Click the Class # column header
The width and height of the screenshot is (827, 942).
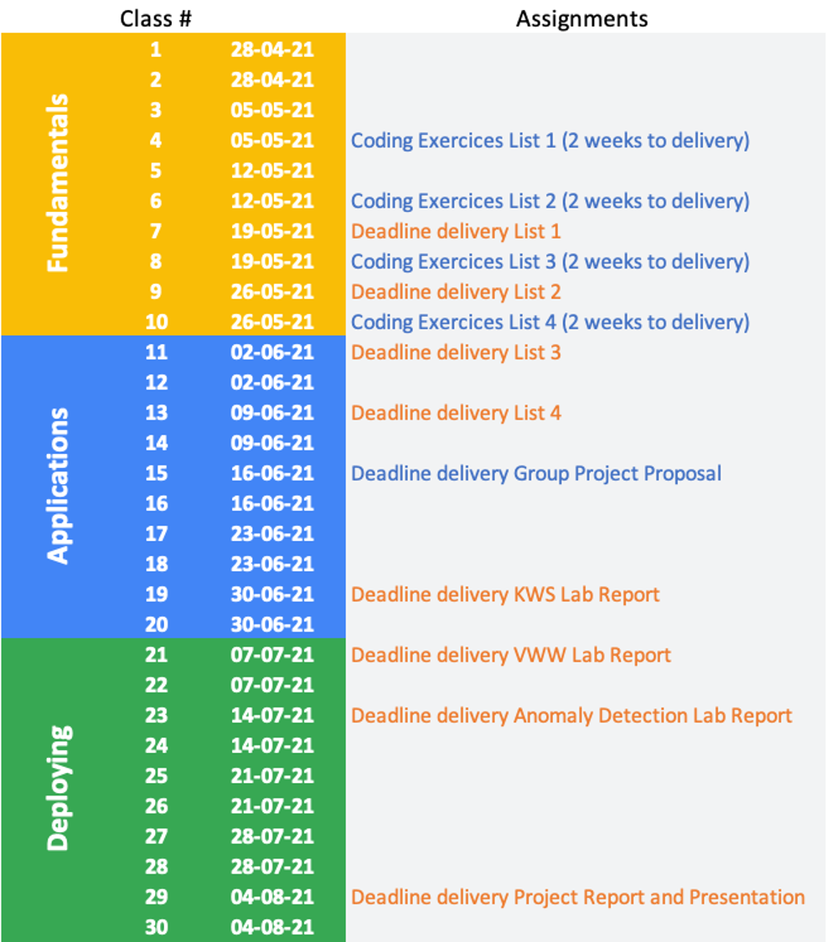tap(156, 18)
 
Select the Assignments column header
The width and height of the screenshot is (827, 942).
tap(581, 18)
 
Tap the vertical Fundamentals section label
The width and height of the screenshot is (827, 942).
tap(58, 183)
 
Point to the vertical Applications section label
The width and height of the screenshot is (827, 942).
tap(58, 486)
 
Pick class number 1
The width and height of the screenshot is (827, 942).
tap(156, 49)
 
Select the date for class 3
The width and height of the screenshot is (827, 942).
tap(272, 110)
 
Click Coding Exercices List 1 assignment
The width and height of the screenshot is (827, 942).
tap(550, 140)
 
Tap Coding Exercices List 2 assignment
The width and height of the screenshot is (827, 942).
tap(550, 201)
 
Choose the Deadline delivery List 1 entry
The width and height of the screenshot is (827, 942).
tap(456, 231)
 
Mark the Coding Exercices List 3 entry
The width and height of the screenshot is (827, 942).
tap(550, 261)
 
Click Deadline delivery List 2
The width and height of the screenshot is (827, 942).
tap(456, 291)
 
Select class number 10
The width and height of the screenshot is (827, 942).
tap(156, 322)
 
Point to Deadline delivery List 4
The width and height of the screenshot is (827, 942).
tap(456, 413)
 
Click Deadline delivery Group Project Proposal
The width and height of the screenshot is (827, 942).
tap(535, 473)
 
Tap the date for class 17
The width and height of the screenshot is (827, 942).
tap(272, 533)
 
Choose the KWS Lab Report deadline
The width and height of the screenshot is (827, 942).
tap(505, 595)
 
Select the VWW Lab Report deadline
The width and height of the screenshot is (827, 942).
tap(510, 655)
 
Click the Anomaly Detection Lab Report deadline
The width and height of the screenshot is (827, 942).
tap(571, 715)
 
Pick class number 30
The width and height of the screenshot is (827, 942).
tap(156, 927)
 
